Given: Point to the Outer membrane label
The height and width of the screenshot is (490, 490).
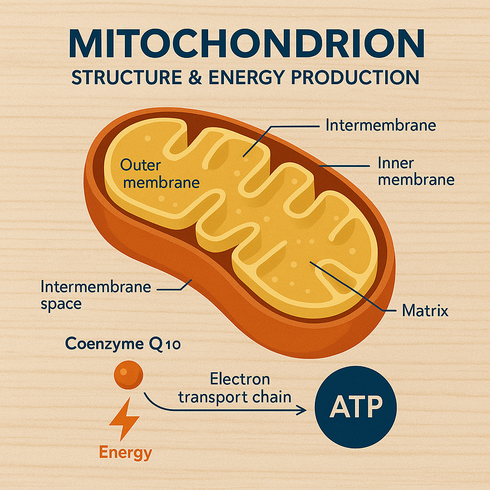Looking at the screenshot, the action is click(159, 174).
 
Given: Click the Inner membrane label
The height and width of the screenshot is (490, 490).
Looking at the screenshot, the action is click(415, 171).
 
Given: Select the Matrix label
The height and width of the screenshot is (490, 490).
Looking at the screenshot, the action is click(425, 311).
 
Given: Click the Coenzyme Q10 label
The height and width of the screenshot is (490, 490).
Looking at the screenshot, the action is click(122, 344).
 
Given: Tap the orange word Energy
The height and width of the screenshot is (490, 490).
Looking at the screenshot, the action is click(126, 453).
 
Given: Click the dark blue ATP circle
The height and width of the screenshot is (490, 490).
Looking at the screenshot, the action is click(356, 408).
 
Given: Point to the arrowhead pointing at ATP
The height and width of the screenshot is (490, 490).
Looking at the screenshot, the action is click(302, 410).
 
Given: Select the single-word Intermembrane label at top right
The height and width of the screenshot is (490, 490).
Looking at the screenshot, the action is click(381, 125).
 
